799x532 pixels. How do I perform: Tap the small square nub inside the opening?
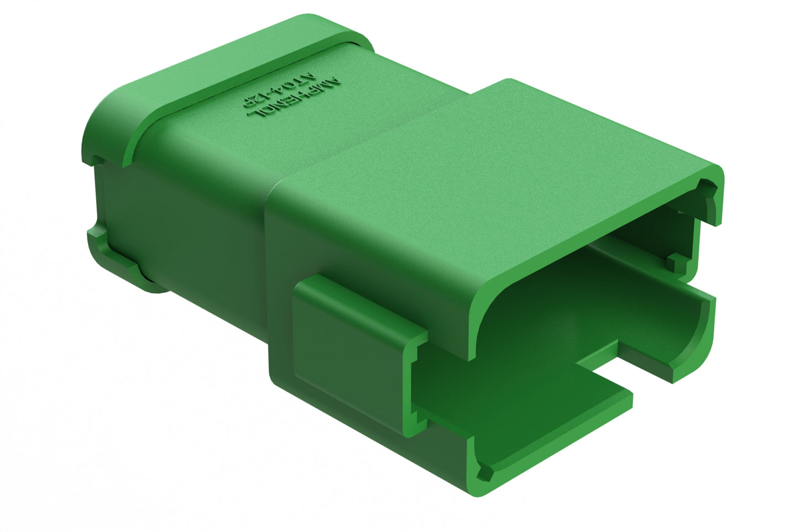[676, 262]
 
